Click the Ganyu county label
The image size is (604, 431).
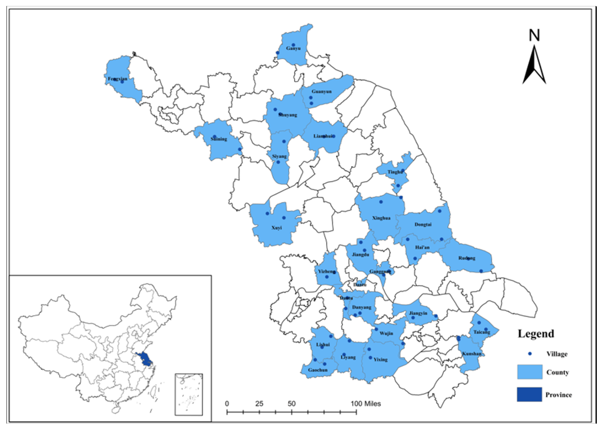(293, 48)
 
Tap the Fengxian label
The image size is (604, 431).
(117, 79)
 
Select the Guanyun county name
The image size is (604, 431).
(322, 92)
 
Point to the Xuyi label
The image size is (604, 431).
(276, 228)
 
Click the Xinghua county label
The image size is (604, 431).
(381, 218)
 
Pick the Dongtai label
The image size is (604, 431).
(423, 225)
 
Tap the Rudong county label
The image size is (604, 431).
(467, 258)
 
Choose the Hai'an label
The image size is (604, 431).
(422, 247)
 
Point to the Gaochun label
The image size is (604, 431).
(318, 370)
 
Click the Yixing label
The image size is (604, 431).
(380, 360)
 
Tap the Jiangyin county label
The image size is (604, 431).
(418, 313)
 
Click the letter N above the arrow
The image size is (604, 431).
(534, 35)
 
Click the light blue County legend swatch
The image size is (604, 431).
(529, 372)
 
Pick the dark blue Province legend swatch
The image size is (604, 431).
(529, 394)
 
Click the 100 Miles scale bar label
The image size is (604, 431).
(366, 404)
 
